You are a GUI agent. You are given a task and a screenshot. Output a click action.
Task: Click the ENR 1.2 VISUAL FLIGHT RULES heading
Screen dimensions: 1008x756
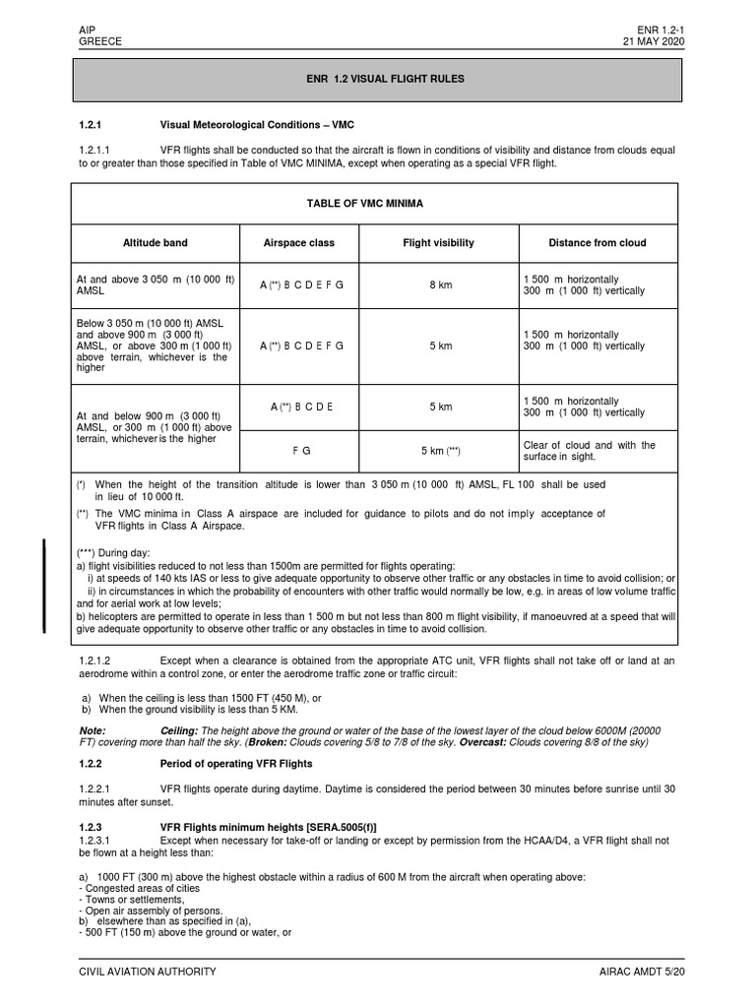(x=376, y=78)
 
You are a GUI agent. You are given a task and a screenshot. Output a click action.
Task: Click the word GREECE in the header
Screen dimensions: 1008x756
(x=99, y=42)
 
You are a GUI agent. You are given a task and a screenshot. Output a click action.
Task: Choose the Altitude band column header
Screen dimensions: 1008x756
(x=155, y=242)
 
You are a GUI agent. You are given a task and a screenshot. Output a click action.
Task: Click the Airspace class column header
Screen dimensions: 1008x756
(x=299, y=242)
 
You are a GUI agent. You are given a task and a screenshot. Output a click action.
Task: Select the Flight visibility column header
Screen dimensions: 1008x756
(x=439, y=242)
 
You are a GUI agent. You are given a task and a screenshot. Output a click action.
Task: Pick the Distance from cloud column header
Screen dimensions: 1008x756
(x=598, y=242)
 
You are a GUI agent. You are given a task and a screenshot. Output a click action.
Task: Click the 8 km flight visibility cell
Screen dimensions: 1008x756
(x=439, y=285)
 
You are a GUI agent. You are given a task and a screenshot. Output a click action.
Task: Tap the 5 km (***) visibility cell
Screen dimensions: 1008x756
(x=440, y=451)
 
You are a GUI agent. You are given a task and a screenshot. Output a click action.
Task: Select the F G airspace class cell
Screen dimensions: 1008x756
(x=300, y=451)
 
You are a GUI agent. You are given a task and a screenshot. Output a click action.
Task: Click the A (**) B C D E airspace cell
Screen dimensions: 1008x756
(x=300, y=407)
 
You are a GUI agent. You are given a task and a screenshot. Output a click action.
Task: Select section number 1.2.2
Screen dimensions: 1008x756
(x=97, y=763)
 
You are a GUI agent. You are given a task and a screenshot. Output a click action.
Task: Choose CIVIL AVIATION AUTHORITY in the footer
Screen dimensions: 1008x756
(x=147, y=972)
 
